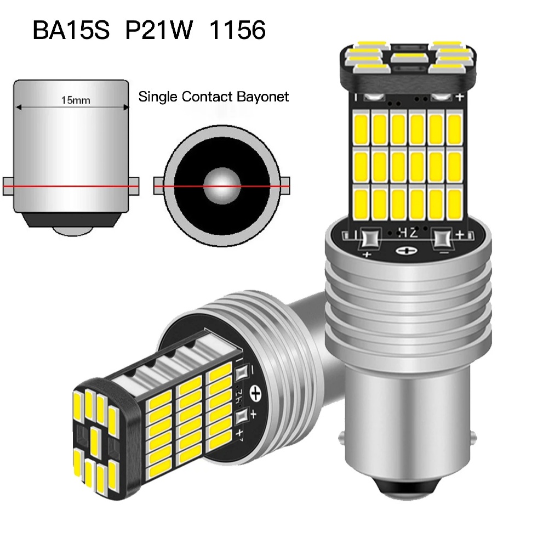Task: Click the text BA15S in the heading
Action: click(x=71, y=30)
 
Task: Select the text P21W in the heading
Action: click(x=158, y=30)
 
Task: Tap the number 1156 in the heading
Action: click(x=238, y=30)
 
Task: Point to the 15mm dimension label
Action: click(x=76, y=100)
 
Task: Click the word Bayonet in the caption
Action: click(x=262, y=97)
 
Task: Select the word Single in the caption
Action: click(x=158, y=97)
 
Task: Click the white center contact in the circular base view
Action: click(x=221, y=186)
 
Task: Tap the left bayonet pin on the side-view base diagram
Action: click(x=8, y=186)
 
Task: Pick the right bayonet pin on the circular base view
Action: click(x=285, y=186)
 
